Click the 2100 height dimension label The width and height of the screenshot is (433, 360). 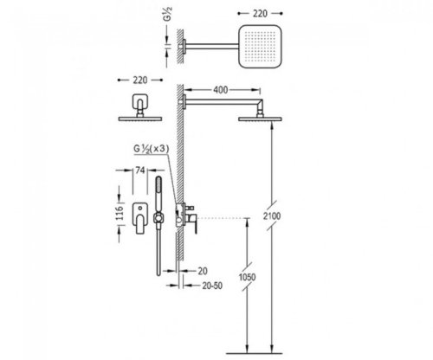tap(272, 215)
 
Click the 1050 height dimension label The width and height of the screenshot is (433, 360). tap(248, 277)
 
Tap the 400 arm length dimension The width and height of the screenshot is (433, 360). tap(221, 90)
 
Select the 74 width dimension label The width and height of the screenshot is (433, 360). tap(140, 170)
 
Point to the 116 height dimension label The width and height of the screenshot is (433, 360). tap(120, 213)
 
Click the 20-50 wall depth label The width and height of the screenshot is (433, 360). tap(212, 286)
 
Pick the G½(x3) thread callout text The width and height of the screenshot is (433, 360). tap(151, 149)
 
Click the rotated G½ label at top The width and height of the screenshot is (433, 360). tap(168, 14)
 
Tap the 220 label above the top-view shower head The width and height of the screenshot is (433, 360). tap(260, 13)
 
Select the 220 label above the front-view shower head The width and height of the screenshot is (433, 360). tap(140, 80)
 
